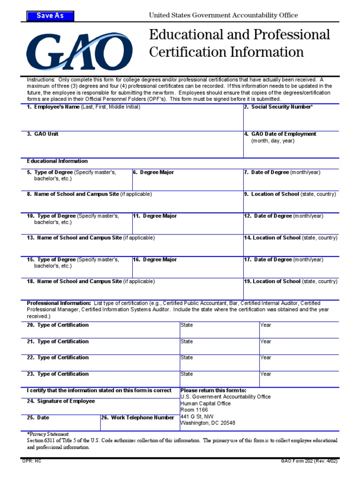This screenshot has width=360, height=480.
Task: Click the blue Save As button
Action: pyautogui.click(x=50, y=16)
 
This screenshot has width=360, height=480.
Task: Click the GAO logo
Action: pyautogui.click(x=79, y=51)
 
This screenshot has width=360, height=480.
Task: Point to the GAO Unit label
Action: pyautogui.click(x=43, y=134)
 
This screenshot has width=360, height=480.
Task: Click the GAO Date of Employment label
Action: pyautogui.click(x=283, y=134)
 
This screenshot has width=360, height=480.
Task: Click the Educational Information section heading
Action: pyautogui.click(x=57, y=161)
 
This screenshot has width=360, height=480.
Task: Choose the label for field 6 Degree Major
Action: pyautogui.click(x=153, y=172)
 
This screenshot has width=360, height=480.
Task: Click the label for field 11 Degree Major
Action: pyautogui.click(x=155, y=216)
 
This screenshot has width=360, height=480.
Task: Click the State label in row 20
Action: pyautogui.click(x=187, y=325)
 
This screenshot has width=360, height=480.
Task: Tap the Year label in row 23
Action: pyautogui.click(x=266, y=374)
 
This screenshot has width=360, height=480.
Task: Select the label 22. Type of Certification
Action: pyautogui.click(x=58, y=358)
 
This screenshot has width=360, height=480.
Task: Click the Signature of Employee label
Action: pyautogui.click(x=61, y=401)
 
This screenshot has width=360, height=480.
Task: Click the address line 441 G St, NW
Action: pyautogui.click(x=197, y=416)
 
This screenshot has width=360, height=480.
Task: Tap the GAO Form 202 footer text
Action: pyautogui.click(x=307, y=461)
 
